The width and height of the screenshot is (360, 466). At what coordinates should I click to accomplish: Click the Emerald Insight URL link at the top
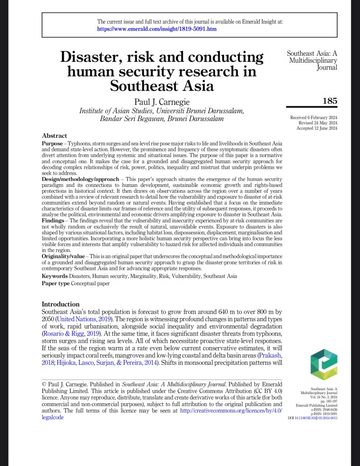157,29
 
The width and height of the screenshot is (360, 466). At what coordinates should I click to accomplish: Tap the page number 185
330,101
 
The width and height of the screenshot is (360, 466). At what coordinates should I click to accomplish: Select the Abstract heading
54,136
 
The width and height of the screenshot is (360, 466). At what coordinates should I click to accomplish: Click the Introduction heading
61,304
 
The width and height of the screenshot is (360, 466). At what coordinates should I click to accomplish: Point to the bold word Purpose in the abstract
52,143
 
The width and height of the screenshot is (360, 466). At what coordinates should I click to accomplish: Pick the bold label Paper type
56,283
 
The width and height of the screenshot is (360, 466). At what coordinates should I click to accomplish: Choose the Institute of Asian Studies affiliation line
162,111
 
